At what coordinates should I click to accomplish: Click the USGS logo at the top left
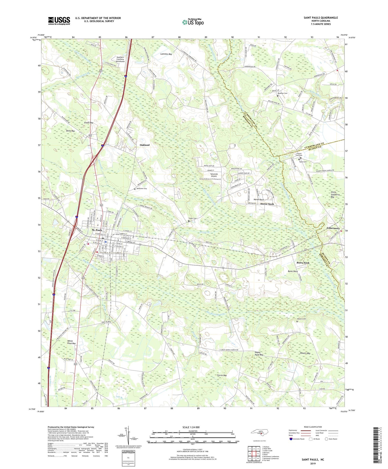pos(59,21)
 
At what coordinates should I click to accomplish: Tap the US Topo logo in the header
pos(193,22)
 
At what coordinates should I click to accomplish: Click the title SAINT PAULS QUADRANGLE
pos(321,18)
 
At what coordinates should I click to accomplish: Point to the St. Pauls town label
pos(97,230)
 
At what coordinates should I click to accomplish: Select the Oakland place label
pos(144,145)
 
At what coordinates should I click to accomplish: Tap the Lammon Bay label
pos(166,54)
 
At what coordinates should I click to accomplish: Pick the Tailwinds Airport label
pos(214,175)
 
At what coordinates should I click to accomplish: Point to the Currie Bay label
pos(222,375)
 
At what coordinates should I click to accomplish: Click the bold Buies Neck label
pos(303,263)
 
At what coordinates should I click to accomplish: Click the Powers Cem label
pos(302,319)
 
